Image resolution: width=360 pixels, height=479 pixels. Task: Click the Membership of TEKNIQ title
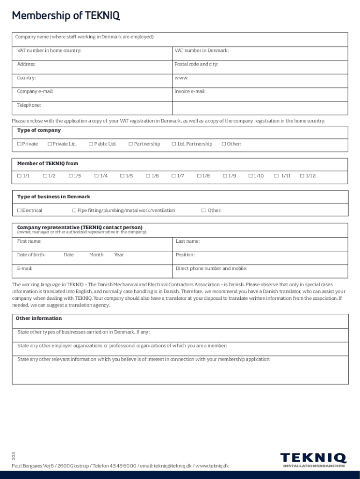(66, 16)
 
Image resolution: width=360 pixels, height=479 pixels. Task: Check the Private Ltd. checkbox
(50, 144)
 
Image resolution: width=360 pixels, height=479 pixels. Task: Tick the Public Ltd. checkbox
(91, 144)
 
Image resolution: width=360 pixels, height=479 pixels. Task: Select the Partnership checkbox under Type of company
(130, 144)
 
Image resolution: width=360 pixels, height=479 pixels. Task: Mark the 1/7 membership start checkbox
(173, 176)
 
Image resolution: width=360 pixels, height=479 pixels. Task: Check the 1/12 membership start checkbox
(302, 176)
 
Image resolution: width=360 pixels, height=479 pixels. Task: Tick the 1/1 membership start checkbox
(19, 176)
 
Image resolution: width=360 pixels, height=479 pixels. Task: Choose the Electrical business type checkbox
(19, 210)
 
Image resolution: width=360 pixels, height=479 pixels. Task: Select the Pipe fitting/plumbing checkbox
(74, 210)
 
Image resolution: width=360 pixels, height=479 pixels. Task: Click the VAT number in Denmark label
(202, 51)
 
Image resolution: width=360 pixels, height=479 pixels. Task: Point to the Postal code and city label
(196, 64)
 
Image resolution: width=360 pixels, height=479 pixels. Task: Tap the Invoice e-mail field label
(190, 92)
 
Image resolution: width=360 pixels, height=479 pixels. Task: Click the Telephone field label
(29, 105)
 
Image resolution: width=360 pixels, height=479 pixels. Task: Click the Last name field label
(187, 241)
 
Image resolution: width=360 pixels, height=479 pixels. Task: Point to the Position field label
(185, 255)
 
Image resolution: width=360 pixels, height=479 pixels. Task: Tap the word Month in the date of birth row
(96, 255)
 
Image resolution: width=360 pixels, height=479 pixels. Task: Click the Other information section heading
(39, 319)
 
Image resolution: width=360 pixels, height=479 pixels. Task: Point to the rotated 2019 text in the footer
(14, 455)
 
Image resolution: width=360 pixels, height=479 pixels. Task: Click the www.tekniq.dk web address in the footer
(212, 466)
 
